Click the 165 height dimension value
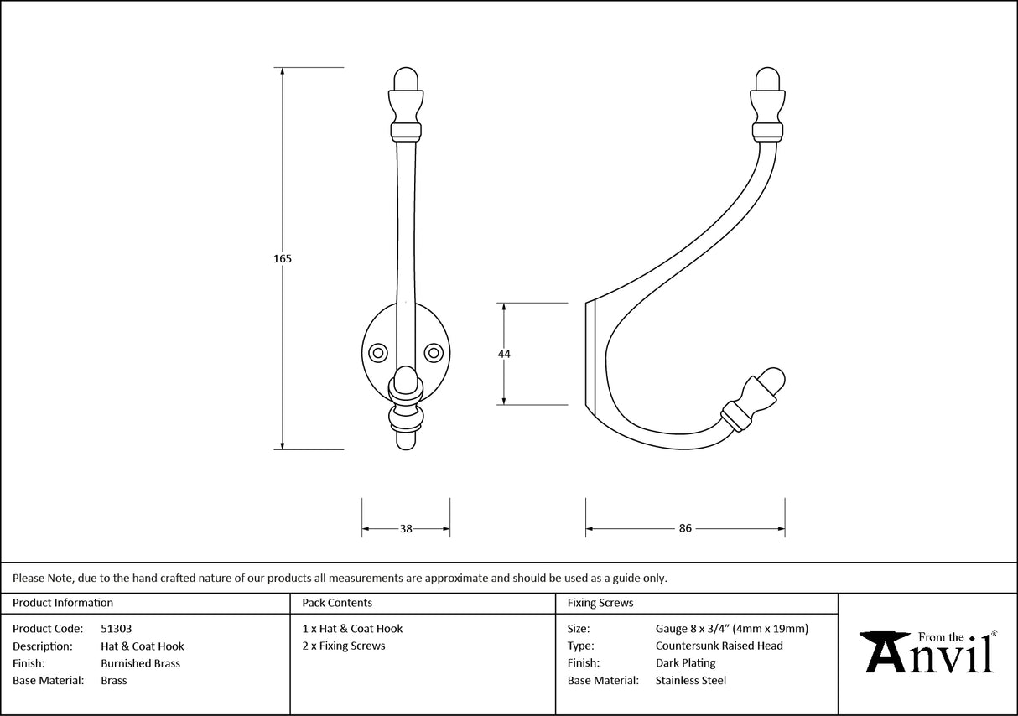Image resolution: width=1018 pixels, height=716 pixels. (283, 259)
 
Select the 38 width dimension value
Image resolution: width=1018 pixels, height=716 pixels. (406, 529)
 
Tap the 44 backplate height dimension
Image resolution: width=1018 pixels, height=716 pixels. (504, 354)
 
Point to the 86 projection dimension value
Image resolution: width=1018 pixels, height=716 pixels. (685, 529)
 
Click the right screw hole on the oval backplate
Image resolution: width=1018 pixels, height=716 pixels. (434, 352)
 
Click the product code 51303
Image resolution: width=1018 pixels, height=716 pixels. (116, 629)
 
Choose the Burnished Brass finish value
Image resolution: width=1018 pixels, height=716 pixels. (140, 663)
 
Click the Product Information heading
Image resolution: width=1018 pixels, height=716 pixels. (63, 603)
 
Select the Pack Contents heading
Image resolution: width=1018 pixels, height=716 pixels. (337, 603)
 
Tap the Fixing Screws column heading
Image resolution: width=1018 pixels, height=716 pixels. (600, 603)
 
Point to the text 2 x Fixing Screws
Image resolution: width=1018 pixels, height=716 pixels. (344, 646)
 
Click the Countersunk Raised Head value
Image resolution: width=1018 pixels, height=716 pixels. (719, 646)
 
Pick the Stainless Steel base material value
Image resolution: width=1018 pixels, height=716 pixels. (690, 681)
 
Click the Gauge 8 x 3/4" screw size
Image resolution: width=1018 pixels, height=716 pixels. (731, 629)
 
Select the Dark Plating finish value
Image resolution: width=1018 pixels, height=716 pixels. (685, 663)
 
